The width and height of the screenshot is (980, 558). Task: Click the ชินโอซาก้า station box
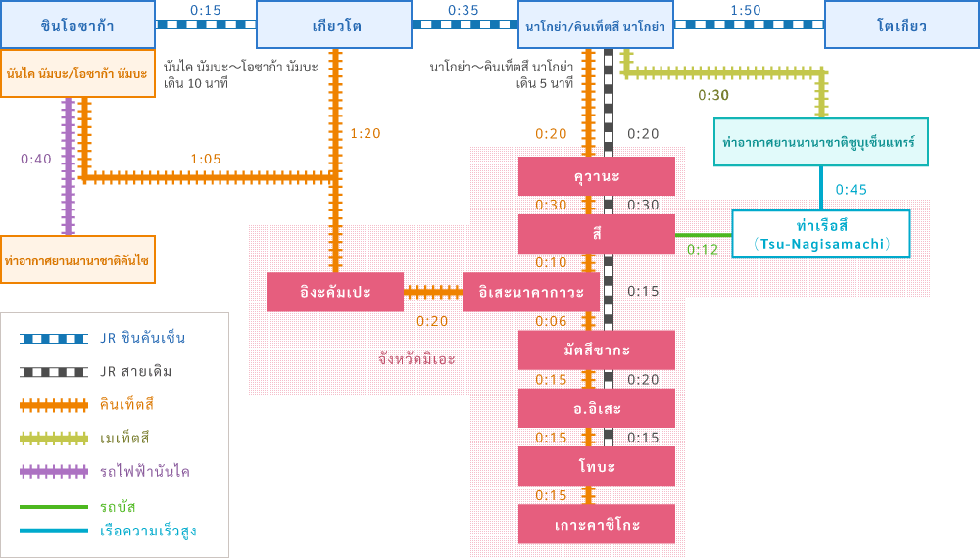pyautogui.click(x=77, y=24)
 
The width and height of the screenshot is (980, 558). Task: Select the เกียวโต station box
pyautogui.click(x=334, y=24)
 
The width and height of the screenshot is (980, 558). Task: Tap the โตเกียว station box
pyautogui.click(x=902, y=24)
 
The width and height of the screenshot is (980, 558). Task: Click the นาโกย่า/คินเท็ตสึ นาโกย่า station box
pyautogui.click(x=596, y=24)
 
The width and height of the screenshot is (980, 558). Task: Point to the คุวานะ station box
pyautogui.click(x=596, y=176)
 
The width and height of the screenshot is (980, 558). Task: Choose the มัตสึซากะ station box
pyautogui.click(x=596, y=349)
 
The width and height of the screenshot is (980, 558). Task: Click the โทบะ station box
pyautogui.click(x=596, y=466)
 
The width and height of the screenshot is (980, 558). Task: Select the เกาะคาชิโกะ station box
pyautogui.click(x=596, y=525)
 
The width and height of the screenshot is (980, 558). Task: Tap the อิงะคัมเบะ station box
pyautogui.click(x=334, y=292)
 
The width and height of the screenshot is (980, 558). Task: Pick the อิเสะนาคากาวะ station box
pyautogui.click(x=531, y=292)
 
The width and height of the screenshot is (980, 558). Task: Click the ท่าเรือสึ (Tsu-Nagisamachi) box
pyautogui.click(x=821, y=234)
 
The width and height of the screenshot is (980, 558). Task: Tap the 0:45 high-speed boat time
pyautogui.click(x=851, y=189)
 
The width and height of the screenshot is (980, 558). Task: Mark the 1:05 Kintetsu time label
pyautogui.click(x=205, y=158)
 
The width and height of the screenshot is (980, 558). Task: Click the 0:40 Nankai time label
pyautogui.click(x=36, y=158)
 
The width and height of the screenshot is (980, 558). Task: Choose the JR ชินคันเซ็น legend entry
pyautogui.click(x=142, y=338)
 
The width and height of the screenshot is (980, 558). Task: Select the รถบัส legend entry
pyautogui.click(x=118, y=507)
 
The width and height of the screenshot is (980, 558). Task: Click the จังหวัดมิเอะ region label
pyautogui.click(x=416, y=358)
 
